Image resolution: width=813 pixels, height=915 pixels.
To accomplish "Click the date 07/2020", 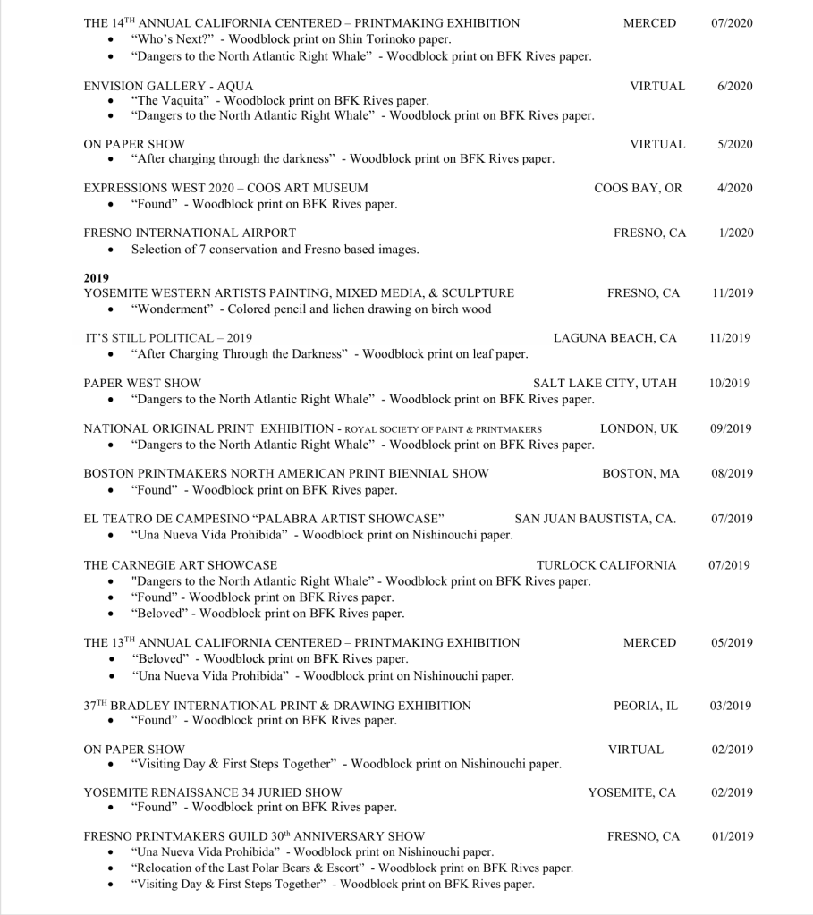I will [x=732, y=23].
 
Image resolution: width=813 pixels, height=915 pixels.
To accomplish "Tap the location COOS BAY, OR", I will [x=638, y=188].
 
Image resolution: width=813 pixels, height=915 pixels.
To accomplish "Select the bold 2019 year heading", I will [x=96, y=278].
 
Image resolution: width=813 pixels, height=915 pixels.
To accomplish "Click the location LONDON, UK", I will [x=639, y=428].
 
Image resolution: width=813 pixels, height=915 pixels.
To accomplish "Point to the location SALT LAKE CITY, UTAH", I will [x=605, y=383].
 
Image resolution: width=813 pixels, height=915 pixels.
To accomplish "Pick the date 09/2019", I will [x=732, y=428].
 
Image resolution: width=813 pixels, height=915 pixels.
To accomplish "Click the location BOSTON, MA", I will [x=640, y=473].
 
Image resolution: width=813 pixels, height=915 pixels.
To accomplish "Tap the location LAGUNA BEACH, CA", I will [x=615, y=338].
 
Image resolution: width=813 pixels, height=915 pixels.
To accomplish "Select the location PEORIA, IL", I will [x=645, y=706].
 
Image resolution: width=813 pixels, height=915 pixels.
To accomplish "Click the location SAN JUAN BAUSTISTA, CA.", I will [x=595, y=519].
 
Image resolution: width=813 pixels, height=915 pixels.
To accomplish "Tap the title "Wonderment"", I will [x=170, y=309].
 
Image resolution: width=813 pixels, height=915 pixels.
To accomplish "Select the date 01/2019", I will [x=732, y=837].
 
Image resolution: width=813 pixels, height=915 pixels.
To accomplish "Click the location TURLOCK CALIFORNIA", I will [x=606, y=565].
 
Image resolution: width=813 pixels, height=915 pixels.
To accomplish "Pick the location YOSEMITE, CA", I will [x=631, y=792].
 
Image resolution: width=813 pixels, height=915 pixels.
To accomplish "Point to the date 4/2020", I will [x=735, y=188].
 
